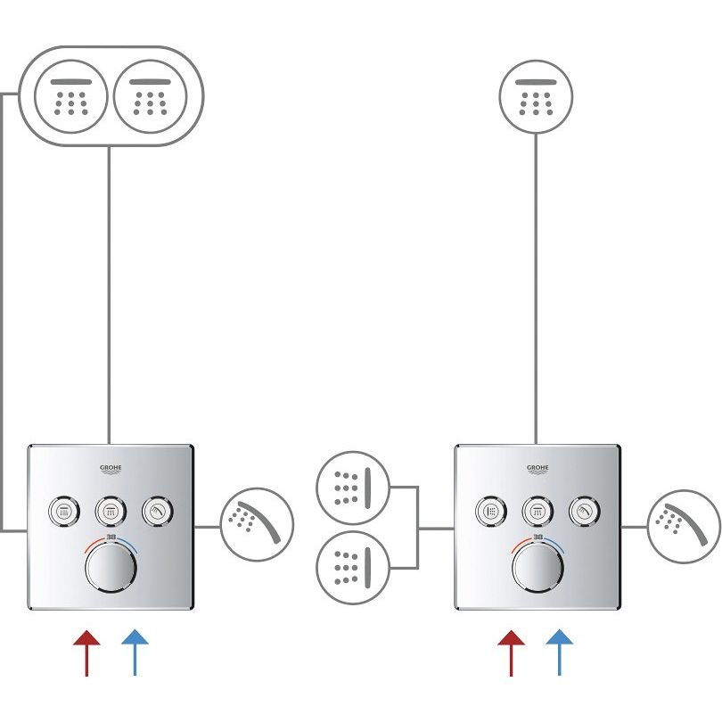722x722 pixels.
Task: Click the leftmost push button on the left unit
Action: tap(62, 511)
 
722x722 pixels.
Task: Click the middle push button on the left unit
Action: tap(110, 511)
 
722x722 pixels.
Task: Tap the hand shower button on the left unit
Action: tap(157, 511)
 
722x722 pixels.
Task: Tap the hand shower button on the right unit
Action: tap(583, 511)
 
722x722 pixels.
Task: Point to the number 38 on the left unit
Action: tap(111, 538)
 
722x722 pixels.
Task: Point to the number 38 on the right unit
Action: tap(537, 538)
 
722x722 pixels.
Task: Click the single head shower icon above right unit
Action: tap(536, 95)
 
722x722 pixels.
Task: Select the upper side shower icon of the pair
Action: tap(354, 487)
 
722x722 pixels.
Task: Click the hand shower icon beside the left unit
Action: tap(256, 524)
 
